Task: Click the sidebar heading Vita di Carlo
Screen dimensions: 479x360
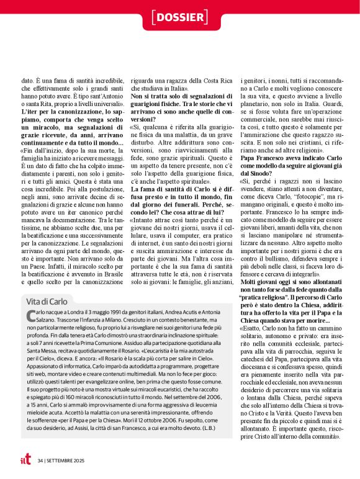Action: click(x=49, y=301)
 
